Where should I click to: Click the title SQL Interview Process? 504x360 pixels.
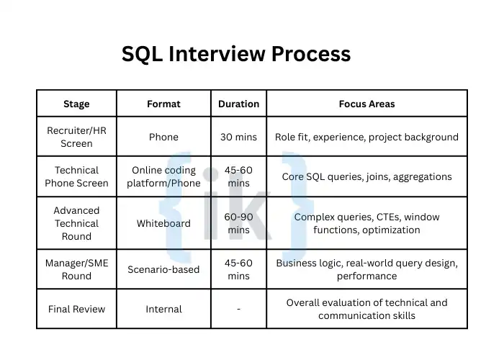(236, 54)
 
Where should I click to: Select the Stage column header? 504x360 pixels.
(76, 104)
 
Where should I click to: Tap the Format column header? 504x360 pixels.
(164, 104)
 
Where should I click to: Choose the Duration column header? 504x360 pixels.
(238, 104)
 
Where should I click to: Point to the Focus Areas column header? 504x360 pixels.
(366, 104)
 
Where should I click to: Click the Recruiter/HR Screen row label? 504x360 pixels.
(76, 137)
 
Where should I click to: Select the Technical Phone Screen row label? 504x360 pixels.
(76, 176)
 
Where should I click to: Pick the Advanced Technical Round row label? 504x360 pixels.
(76, 223)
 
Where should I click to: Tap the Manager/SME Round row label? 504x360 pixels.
(76, 269)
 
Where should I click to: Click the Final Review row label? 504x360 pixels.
(76, 309)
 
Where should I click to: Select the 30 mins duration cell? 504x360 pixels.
(238, 137)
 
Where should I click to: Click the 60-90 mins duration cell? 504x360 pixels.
(238, 223)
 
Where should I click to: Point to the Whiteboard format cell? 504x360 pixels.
(164, 223)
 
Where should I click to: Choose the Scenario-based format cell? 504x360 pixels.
(164, 269)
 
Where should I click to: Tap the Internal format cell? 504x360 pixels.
(164, 309)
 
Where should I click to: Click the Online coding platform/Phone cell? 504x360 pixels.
(164, 176)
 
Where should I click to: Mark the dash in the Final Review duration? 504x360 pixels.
(238, 309)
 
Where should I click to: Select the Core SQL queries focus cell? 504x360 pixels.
(366, 176)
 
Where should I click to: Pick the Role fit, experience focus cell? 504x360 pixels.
(366, 137)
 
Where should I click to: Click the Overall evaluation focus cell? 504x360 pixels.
(366, 309)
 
